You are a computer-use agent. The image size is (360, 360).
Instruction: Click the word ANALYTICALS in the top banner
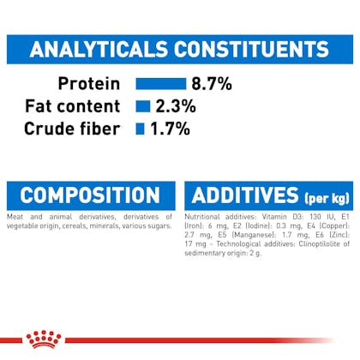point(99,49)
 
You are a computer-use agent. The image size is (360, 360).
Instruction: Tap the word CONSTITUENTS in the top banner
point(252,49)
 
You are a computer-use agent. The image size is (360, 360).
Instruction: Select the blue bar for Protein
point(161,84)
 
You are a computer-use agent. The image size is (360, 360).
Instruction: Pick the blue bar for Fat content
point(143,106)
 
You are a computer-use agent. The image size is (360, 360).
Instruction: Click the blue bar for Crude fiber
point(140,129)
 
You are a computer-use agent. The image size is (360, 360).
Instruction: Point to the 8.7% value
point(212,84)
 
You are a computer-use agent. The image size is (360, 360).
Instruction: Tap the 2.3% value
point(176,106)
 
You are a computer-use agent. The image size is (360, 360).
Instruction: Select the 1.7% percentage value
point(170,129)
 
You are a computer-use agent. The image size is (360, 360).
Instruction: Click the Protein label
point(89,84)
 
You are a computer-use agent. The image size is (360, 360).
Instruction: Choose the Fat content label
point(73,106)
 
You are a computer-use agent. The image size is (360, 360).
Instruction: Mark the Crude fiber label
point(72,129)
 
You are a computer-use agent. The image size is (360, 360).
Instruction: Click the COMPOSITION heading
point(90,195)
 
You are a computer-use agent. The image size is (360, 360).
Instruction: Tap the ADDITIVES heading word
point(245,195)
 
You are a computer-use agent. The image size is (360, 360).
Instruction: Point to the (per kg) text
point(327,198)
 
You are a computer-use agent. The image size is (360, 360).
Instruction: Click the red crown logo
point(44,339)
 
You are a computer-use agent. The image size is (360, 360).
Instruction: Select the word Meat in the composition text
point(15,217)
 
